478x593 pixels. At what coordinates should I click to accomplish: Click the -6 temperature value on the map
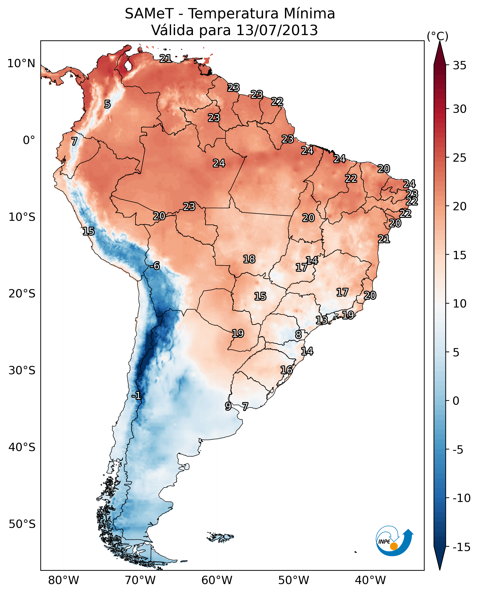coord(155,266)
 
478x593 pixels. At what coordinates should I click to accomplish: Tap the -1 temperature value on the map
coord(136,396)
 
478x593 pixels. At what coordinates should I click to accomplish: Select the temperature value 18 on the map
coord(249,259)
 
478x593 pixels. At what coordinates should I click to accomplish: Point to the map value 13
coord(321,320)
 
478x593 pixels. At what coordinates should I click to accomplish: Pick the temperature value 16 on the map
coord(286,370)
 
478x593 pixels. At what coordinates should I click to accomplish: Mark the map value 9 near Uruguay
coord(228,406)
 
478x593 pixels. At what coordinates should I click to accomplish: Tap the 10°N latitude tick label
coord(21,64)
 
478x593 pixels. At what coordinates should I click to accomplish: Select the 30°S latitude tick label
coord(22,371)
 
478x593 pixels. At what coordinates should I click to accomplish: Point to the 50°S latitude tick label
coord(22,524)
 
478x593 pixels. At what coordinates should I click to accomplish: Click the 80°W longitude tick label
coord(64,581)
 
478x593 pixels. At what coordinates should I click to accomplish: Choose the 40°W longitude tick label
coord(370,581)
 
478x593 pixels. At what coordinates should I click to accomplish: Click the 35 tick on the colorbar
coord(459,66)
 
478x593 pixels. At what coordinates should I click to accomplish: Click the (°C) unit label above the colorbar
coord(437,36)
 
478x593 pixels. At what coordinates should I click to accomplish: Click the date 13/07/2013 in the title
coord(277,30)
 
